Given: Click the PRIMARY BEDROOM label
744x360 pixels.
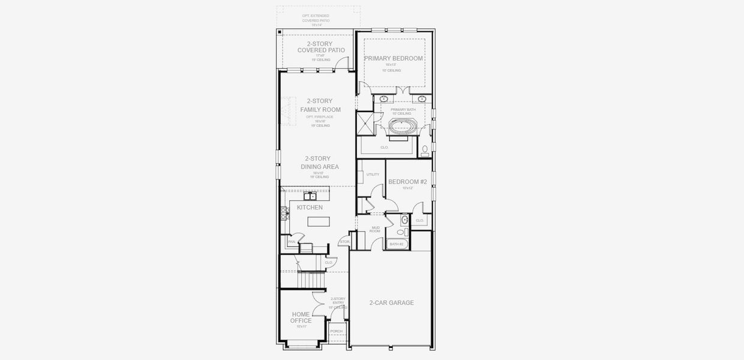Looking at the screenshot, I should [393, 58].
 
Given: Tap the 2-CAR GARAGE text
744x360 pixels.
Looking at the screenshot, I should [391, 303].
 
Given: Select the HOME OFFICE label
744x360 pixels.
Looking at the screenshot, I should [301, 317].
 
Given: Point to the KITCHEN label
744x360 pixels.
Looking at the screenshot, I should [310, 208].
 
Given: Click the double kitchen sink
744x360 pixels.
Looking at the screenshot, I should [310, 196].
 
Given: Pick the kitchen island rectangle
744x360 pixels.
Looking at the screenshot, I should [318, 221].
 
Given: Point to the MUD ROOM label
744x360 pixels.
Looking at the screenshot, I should [376, 229].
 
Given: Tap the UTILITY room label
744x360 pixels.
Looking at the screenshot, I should [373, 175].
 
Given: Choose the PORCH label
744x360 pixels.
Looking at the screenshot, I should [336, 331].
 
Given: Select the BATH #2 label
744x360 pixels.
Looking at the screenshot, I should [397, 244].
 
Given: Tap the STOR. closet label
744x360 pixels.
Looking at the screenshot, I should [344, 242].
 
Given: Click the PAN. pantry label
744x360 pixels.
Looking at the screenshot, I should [292, 242].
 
